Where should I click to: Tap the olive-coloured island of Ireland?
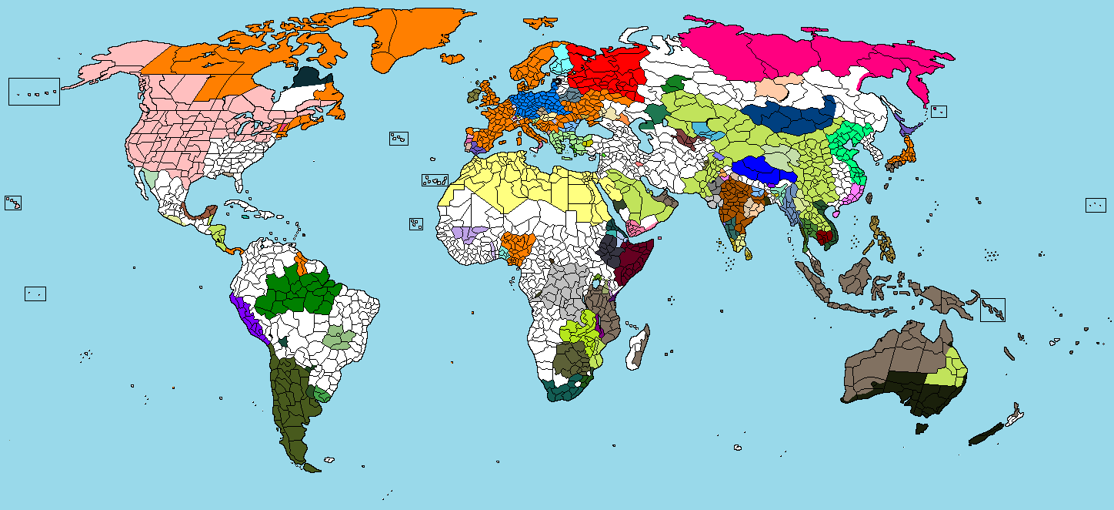(472, 96)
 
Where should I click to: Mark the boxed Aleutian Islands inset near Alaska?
(34, 91)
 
